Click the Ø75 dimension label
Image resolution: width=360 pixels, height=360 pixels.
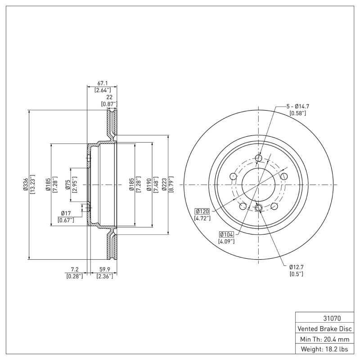pos(68,184)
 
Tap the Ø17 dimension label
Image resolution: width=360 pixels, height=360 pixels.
pos(66,213)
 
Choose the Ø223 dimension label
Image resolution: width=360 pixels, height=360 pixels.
pos(165,184)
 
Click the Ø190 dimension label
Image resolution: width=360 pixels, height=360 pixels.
pos(148,184)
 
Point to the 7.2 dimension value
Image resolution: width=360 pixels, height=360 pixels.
pos(74,270)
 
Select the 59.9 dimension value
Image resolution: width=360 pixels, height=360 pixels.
pos(104,270)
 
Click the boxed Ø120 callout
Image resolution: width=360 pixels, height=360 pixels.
pos(202,211)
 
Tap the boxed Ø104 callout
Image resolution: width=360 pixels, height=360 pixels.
pos(227,234)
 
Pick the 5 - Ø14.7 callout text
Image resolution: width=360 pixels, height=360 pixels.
pos(297,106)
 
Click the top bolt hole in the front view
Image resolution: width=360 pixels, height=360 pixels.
pos(258,158)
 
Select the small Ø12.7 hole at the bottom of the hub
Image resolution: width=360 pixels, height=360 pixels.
pos(258,207)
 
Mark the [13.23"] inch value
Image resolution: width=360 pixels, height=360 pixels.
pos(32,184)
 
